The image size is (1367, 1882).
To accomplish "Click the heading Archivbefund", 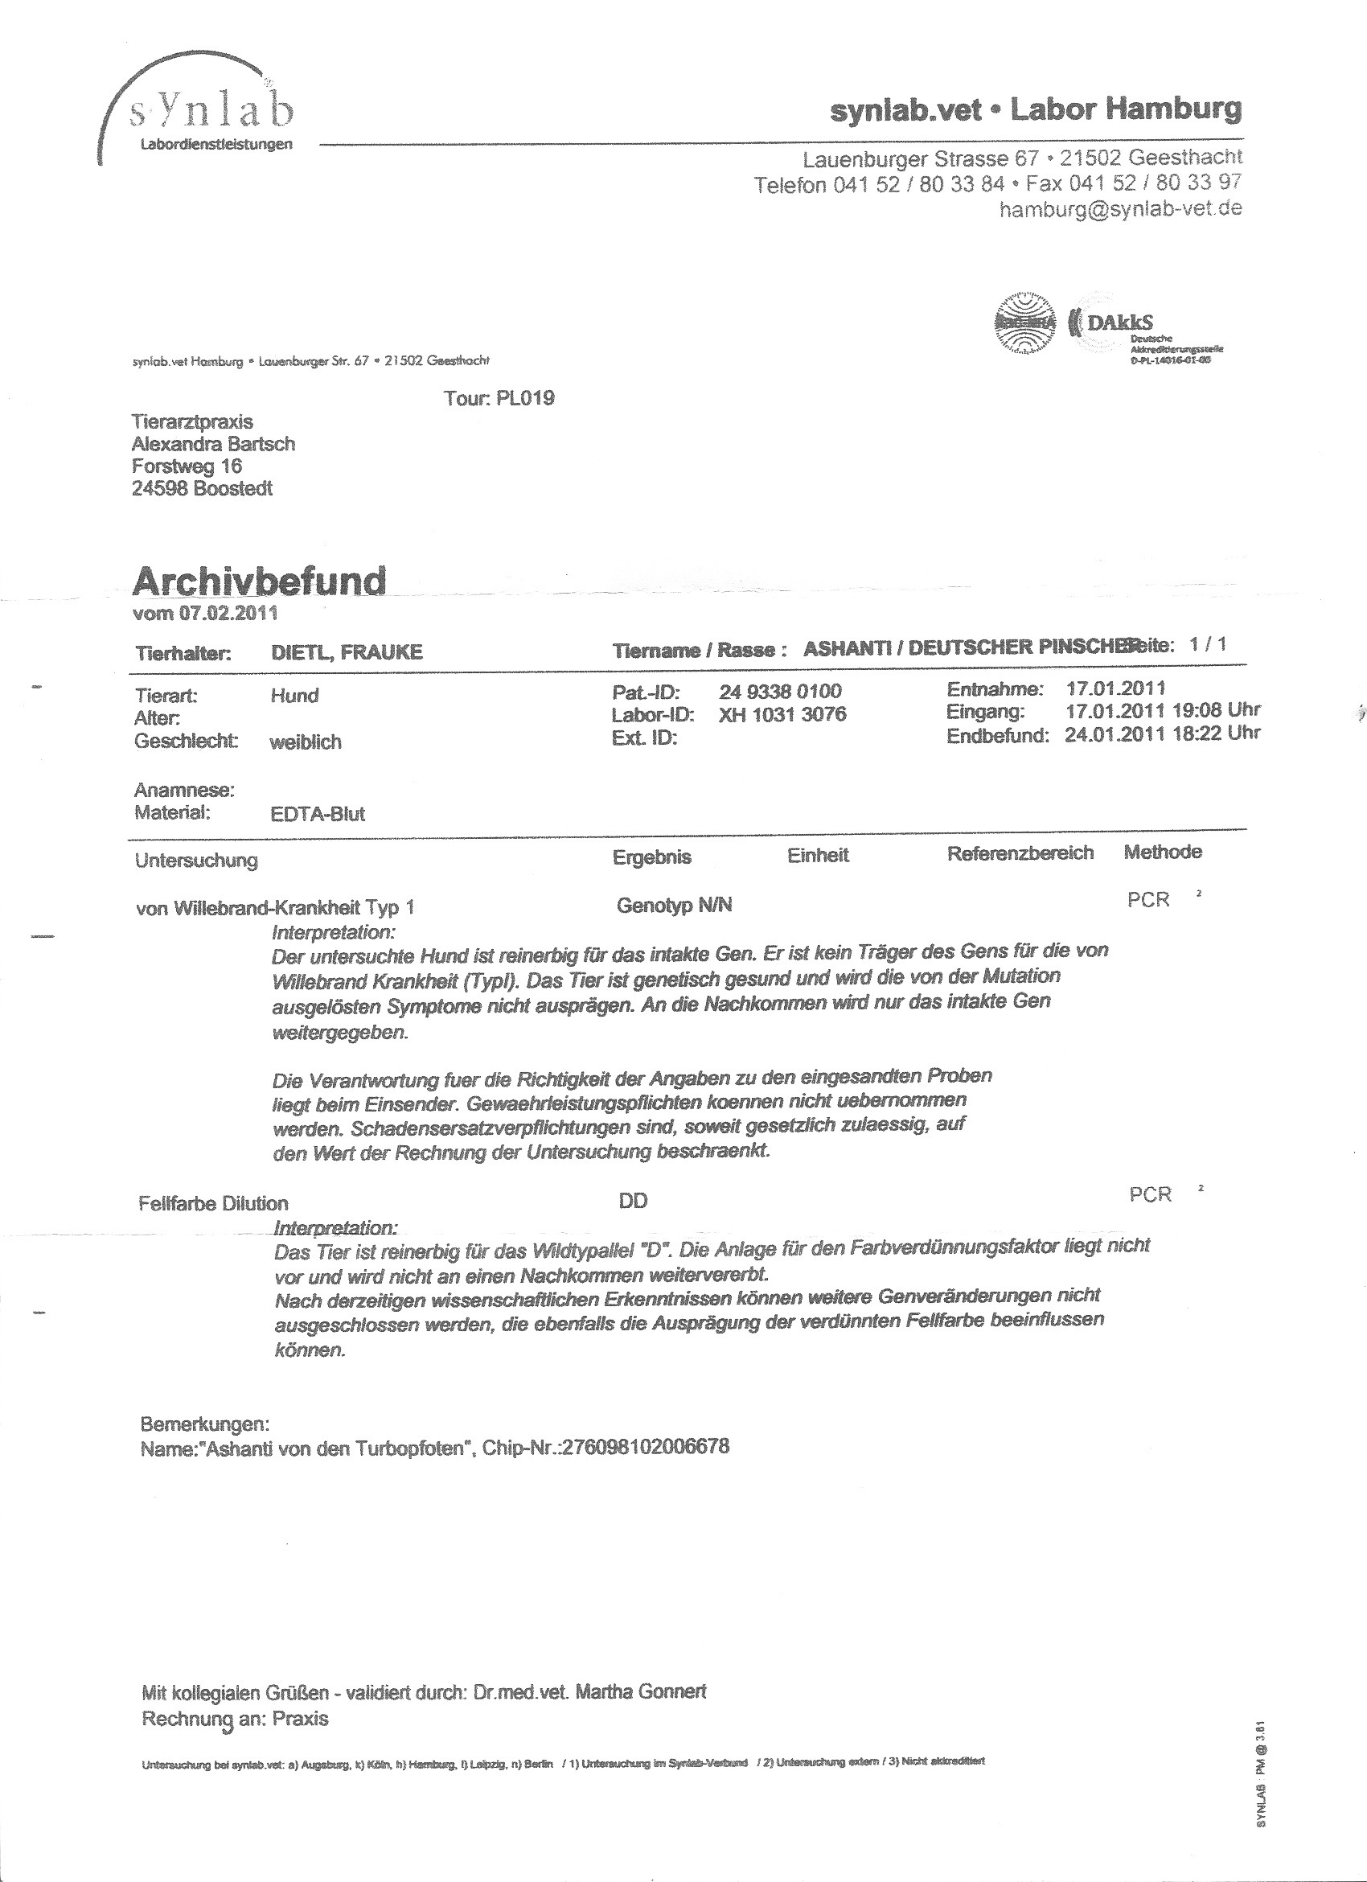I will tap(259, 581).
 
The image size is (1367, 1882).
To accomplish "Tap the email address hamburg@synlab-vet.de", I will tap(1120, 209).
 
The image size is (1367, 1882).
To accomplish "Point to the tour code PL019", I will tap(525, 398).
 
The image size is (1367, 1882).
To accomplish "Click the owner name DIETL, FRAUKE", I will tap(347, 652).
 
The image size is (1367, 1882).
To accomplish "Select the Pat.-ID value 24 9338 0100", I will tap(780, 691).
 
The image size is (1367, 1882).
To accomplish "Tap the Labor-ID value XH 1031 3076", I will tap(782, 714).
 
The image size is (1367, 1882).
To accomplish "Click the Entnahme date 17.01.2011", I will tap(1115, 688).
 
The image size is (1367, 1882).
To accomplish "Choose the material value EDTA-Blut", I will tap(318, 814).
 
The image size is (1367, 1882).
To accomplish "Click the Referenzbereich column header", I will tap(1020, 853).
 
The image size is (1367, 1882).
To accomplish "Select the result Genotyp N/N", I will tap(675, 906).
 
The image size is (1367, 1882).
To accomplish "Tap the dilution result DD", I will tap(633, 1201).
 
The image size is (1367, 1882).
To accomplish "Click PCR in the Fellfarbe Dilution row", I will tap(1151, 1195).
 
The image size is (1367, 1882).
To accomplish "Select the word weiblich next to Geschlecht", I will tap(306, 742).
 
